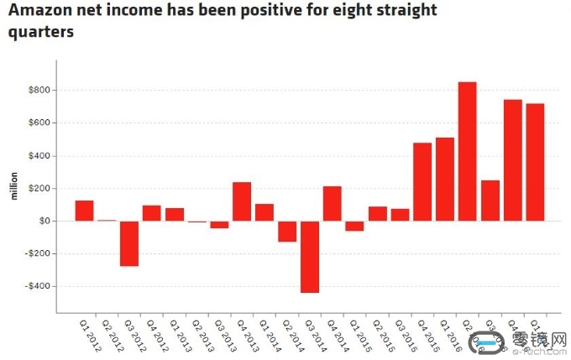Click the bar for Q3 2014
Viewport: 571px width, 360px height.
(310, 257)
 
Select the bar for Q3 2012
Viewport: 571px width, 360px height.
(128, 243)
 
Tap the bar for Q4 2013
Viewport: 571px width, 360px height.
(242, 201)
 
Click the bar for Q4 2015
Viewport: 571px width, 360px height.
(422, 181)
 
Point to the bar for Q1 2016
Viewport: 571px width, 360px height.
(445, 179)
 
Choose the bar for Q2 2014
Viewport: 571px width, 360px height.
(287, 231)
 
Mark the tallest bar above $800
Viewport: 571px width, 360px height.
(468, 151)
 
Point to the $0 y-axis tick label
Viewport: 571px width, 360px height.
(43, 221)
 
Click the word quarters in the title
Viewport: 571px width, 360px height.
(42, 33)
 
